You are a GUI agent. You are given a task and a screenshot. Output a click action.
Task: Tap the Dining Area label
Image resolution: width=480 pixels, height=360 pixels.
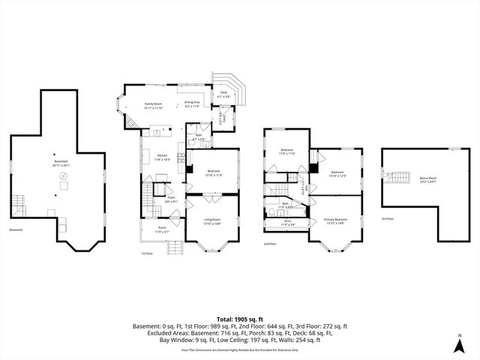point(192,104)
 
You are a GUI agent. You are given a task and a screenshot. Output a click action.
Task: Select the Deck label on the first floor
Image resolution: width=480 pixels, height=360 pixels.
point(223,94)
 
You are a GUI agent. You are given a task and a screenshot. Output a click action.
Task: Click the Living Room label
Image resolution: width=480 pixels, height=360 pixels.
point(213,221)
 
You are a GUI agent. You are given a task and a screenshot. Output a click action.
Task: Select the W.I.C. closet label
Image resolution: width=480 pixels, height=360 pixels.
point(288,223)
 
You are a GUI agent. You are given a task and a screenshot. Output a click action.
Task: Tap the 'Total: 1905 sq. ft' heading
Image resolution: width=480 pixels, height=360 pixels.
point(239,319)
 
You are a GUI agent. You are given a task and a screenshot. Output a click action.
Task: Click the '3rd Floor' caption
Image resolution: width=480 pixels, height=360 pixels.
point(388,218)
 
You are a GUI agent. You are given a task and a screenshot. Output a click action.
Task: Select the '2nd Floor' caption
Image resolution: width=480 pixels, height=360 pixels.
point(270,244)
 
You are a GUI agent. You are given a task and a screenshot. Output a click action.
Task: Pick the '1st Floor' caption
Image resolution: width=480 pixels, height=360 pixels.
point(147,253)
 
